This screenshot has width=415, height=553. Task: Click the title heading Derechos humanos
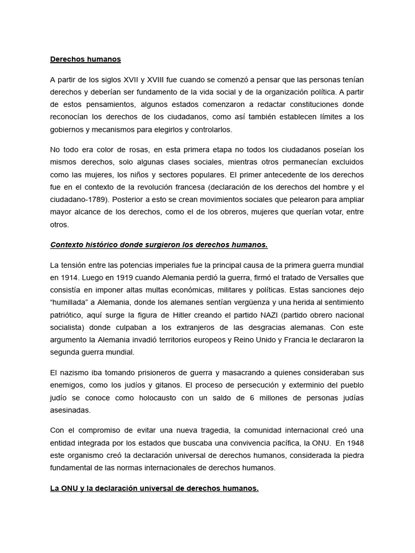[85, 59]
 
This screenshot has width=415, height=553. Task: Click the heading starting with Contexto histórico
[159, 245]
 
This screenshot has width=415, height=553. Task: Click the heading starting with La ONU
[155, 488]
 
